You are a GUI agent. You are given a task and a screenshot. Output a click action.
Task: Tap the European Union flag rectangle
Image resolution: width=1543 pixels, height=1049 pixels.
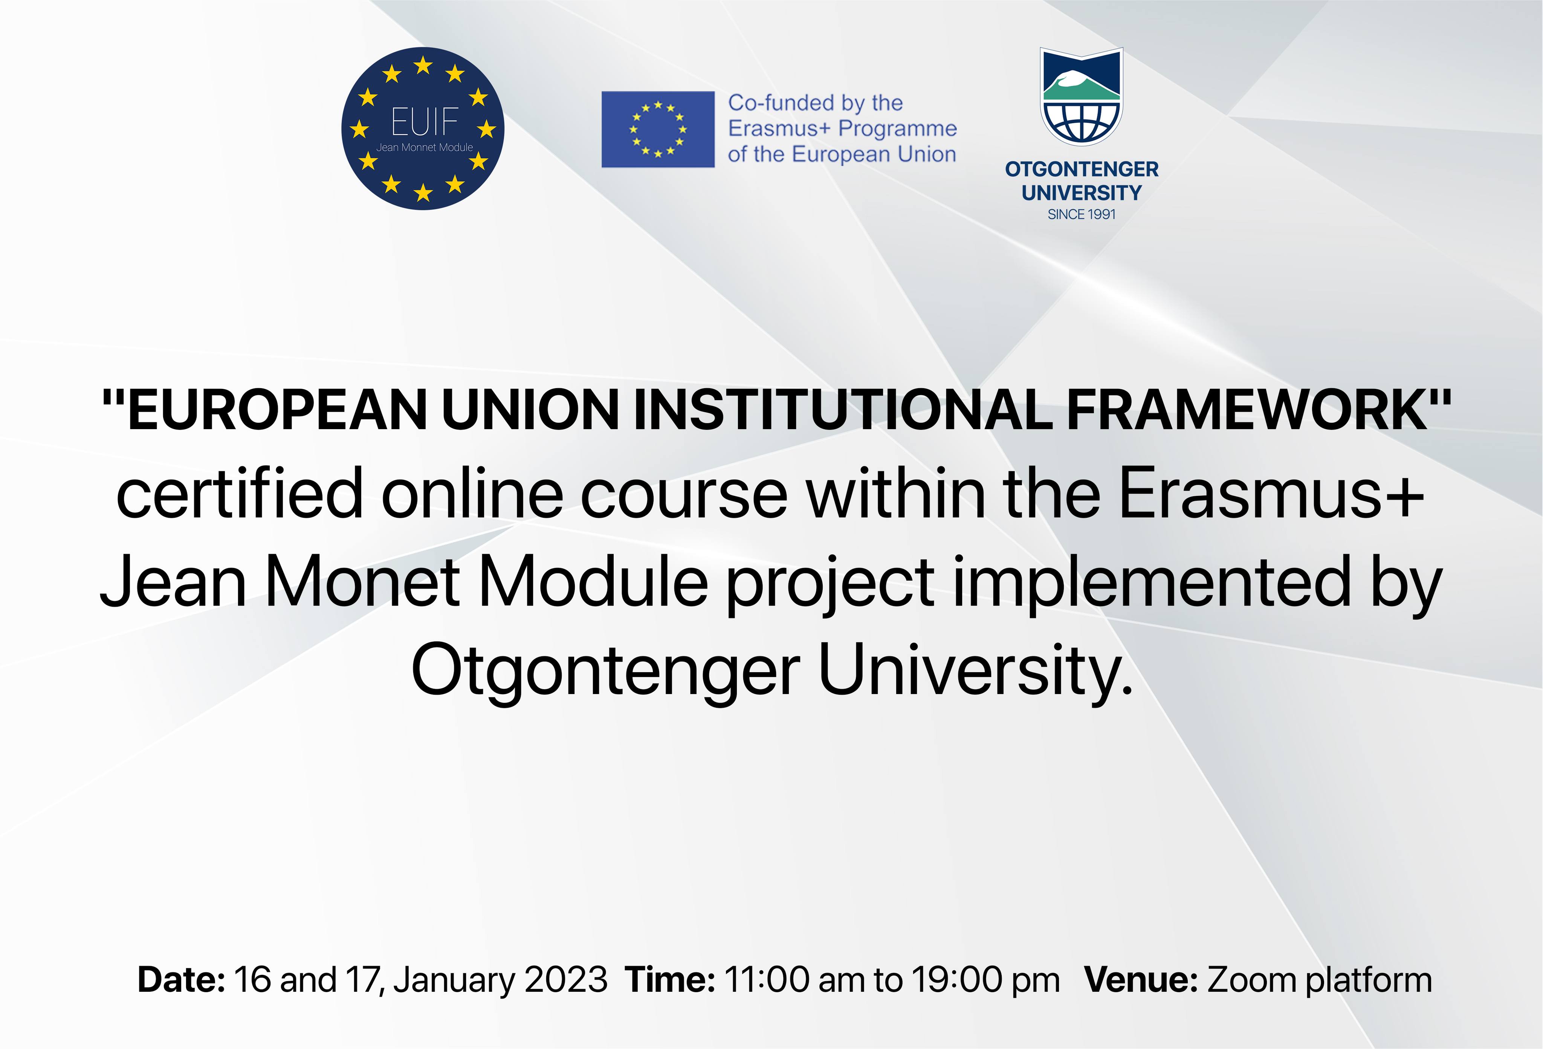(x=658, y=130)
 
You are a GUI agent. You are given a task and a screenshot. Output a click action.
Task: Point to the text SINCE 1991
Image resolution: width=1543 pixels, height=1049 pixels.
(x=1082, y=214)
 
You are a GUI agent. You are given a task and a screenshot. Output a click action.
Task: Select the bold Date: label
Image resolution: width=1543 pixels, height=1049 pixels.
(x=181, y=980)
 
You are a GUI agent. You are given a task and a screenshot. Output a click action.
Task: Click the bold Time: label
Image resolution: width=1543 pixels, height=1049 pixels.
(x=670, y=980)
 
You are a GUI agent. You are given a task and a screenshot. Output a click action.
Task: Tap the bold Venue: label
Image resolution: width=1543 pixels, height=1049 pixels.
(x=1141, y=980)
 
